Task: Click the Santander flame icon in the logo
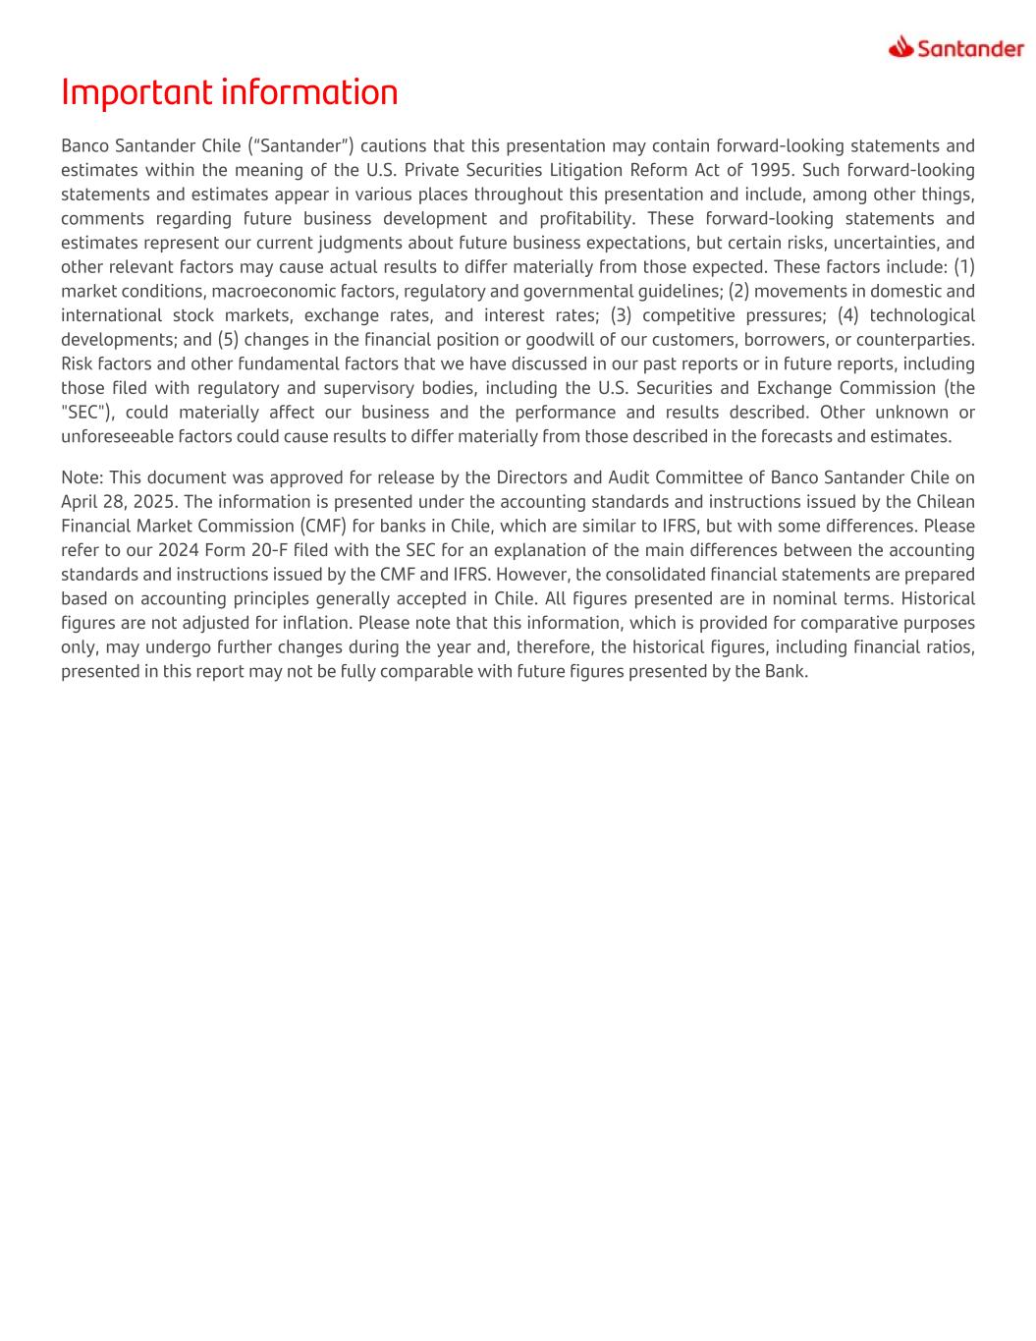pos(900,46)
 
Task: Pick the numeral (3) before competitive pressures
pos(621,315)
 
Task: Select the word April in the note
pos(82,502)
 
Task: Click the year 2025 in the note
pos(153,502)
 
